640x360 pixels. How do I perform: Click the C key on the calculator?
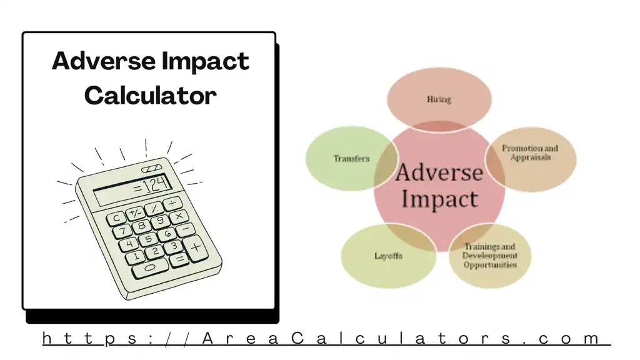[x=117, y=218]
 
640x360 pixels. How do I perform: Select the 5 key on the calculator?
[x=148, y=239]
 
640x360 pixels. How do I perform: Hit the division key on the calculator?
[x=171, y=204]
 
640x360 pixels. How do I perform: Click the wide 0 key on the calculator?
[x=149, y=267]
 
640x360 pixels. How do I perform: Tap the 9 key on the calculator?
[x=160, y=221]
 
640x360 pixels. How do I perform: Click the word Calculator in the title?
[x=151, y=96]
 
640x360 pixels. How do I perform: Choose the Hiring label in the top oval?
[x=439, y=99]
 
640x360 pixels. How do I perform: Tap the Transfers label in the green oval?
[x=351, y=159]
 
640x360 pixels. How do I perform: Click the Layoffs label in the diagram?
[x=388, y=256]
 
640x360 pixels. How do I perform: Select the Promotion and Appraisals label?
[x=530, y=153]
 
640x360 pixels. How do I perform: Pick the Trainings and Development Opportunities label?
[x=490, y=256]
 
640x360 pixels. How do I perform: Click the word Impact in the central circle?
[x=439, y=199]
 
